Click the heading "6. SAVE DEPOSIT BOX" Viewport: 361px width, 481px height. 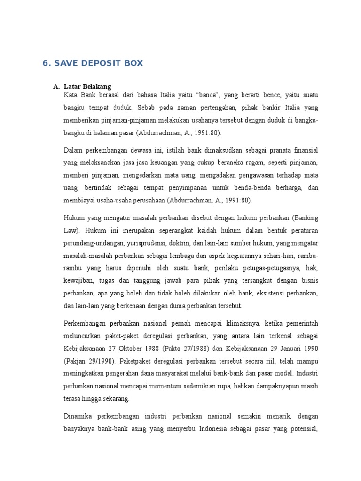(93, 63)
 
